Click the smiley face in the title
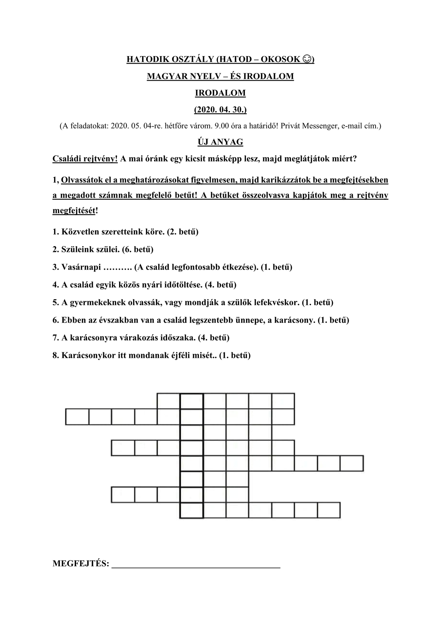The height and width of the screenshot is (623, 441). (x=306, y=59)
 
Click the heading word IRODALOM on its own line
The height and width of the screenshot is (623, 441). (x=220, y=93)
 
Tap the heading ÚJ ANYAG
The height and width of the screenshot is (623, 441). (x=220, y=142)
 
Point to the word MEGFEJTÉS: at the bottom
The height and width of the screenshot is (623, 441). (x=81, y=564)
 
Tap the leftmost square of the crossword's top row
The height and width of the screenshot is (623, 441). (x=169, y=401)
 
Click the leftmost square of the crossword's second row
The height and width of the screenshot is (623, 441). (x=77, y=417)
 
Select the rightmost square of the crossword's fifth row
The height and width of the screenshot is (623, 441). (x=352, y=463)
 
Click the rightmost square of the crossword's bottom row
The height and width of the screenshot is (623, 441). (x=329, y=510)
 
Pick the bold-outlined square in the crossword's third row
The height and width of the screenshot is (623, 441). (x=192, y=432)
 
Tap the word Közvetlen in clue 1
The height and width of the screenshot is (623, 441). (x=78, y=232)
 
